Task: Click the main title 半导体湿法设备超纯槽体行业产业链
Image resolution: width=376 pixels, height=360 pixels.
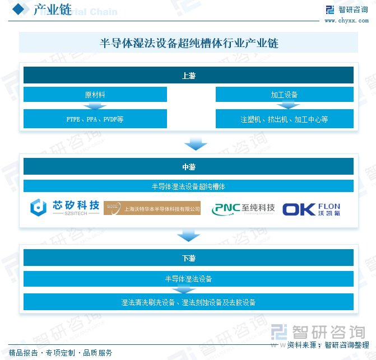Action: point(188,43)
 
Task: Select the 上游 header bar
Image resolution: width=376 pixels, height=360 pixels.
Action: point(188,76)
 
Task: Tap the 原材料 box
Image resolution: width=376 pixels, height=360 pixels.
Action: point(95,95)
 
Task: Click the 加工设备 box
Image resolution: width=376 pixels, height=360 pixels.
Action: point(284,95)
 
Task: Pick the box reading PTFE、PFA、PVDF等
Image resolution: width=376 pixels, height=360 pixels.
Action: point(95,119)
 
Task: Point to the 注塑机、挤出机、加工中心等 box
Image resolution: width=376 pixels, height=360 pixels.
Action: point(284,119)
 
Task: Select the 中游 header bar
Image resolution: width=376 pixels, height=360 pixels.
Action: point(188,166)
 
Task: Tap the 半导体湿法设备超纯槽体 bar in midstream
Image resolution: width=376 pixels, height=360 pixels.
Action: point(188,185)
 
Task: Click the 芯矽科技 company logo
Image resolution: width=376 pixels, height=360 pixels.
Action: point(65,208)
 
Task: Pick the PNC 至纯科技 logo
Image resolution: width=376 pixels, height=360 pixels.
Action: point(243,209)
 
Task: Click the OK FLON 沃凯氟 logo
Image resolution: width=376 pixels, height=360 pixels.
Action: point(311,208)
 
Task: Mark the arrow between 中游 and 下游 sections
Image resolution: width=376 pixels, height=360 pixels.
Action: point(188,236)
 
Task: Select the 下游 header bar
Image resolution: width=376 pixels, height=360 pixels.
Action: point(188,258)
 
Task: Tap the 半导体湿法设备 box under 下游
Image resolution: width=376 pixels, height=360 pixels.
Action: point(188,278)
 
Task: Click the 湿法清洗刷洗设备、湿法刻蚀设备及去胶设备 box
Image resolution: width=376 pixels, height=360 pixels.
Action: point(188,302)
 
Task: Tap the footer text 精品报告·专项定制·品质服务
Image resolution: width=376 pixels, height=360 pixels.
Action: point(61,353)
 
